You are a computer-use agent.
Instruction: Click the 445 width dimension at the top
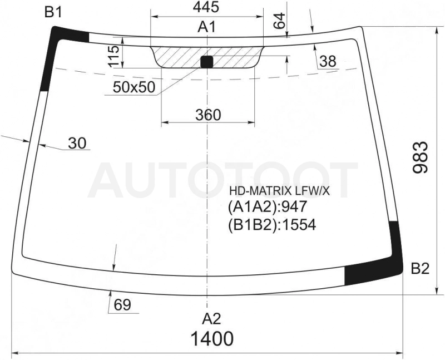pos(206,7)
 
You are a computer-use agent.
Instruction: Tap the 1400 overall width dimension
pos(212,338)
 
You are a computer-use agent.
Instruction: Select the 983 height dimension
pos(421,157)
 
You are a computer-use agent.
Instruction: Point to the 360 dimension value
pos(208,115)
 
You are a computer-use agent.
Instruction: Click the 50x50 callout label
pos(134,87)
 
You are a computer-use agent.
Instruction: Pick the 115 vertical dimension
pos(114,56)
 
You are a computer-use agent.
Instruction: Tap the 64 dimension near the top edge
pos(279,21)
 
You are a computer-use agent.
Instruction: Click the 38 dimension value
pos(328,61)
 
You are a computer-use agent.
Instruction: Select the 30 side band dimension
pos(77,143)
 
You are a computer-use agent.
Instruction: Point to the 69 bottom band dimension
pos(122,305)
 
